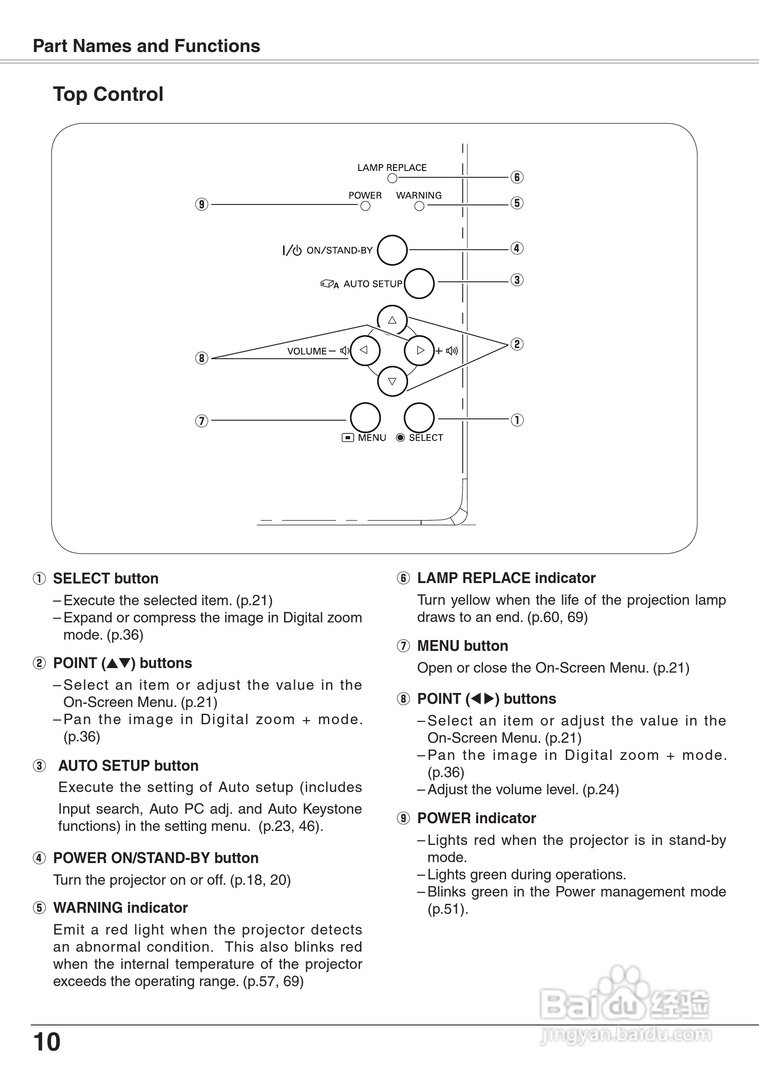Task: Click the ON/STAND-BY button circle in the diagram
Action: tap(392, 250)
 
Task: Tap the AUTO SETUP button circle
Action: tap(419, 283)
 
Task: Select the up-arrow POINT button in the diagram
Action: tap(392, 320)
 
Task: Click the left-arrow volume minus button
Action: tap(365, 351)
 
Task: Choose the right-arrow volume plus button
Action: tap(419, 351)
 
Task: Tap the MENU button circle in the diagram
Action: tap(365, 418)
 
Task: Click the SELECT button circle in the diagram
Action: tap(419, 418)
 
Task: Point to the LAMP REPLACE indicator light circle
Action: tap(393, 178)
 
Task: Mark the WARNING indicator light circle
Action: tap(419, 206)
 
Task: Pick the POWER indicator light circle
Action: tap(365, 206)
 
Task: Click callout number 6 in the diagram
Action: tap(517, 177)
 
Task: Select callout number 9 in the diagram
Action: tap(202, 204)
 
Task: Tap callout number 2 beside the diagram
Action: tap(517, 344)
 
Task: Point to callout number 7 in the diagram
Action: tap(202, 421)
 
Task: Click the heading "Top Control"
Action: tap(109, 94)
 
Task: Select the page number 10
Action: tap(47, 1042)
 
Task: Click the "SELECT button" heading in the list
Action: tap(105, 579)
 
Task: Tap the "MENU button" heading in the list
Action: tap(463, 646)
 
